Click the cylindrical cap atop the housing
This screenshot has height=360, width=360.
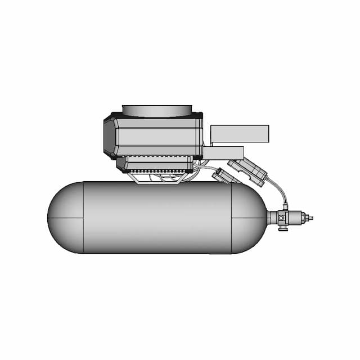(x=157, y=110)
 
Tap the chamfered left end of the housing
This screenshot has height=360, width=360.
(x=109, y=137)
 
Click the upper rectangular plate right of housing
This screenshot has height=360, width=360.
(x=240, y=133)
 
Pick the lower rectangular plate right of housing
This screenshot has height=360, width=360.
(x=223, y=153)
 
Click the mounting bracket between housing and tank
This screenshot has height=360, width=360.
(x=157, y=178)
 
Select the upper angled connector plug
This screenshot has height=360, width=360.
(x=248, y=170)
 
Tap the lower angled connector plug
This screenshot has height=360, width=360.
(x=226, y=177)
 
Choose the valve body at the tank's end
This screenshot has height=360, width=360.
(x=285, y=218)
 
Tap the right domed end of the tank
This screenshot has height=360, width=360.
(x=249, y=218)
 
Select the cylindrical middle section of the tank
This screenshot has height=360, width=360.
(x=157, y=218)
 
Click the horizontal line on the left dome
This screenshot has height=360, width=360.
(x=65, y=218)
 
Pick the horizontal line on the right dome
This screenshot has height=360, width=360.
(x=249, y=218)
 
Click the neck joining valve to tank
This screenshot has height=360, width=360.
(x=272, y=218)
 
